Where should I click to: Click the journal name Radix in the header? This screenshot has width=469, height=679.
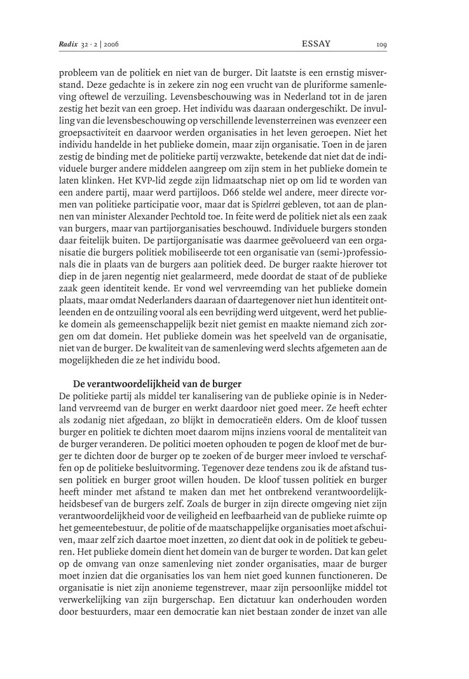[68, 45]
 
